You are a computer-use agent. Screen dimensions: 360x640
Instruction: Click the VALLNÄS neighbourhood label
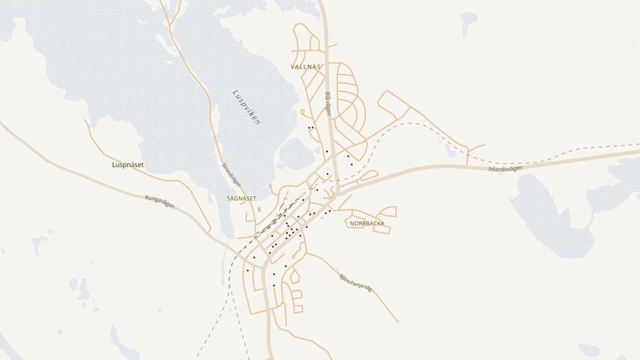click(306, 67)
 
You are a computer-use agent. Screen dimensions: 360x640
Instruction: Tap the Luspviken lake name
click(246, 107)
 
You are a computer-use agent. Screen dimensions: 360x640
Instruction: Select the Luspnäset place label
click(128, 165)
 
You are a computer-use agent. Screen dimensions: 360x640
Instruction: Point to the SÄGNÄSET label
click(241, 198)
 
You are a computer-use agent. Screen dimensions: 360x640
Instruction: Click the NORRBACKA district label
click(367, 223)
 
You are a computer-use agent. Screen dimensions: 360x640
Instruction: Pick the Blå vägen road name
click(329, 104)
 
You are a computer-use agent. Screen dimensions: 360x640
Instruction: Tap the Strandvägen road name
click(232, 175)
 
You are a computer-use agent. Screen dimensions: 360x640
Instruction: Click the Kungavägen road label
click(159, 202)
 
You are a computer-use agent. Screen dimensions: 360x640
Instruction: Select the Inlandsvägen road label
click(505, 169)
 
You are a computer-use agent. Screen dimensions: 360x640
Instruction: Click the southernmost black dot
click(274, 285)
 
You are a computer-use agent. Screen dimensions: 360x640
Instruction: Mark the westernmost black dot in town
click(247, 270)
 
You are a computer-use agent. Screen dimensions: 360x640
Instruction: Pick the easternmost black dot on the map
click(351, 164)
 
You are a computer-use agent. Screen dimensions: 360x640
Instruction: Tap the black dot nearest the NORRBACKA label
click(330, 211)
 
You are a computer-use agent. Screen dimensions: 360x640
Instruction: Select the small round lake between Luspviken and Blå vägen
click(297, 154)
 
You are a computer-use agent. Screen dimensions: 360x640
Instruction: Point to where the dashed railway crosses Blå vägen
click(331, 179)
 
